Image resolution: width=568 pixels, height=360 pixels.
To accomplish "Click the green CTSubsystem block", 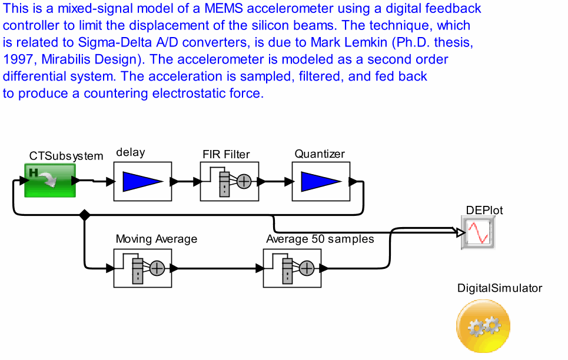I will [50, 180].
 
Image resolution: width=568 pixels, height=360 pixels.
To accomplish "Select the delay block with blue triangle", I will [142, 181].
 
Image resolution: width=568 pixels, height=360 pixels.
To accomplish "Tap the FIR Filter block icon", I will [230, 181].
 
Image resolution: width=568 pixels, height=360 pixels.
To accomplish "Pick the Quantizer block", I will [321, 181].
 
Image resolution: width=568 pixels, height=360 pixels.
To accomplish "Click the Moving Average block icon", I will [142, 268].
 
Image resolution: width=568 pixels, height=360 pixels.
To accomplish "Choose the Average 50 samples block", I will [292, 268].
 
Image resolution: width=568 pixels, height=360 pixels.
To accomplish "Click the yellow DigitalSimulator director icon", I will [483, 326].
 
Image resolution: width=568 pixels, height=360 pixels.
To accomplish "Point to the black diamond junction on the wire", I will [85, 215].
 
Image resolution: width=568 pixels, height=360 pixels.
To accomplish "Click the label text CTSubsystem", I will [66, 156].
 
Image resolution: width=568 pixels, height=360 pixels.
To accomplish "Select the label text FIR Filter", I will [226, 155].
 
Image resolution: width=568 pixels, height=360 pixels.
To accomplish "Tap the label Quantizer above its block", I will [320, 154].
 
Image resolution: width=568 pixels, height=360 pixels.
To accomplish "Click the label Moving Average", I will [156, 239].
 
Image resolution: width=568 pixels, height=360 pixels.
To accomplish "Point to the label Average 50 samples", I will [320, 239].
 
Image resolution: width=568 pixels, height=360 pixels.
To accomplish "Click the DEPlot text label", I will [484, 210].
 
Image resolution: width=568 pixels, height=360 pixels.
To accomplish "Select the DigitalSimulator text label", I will [500, 288].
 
